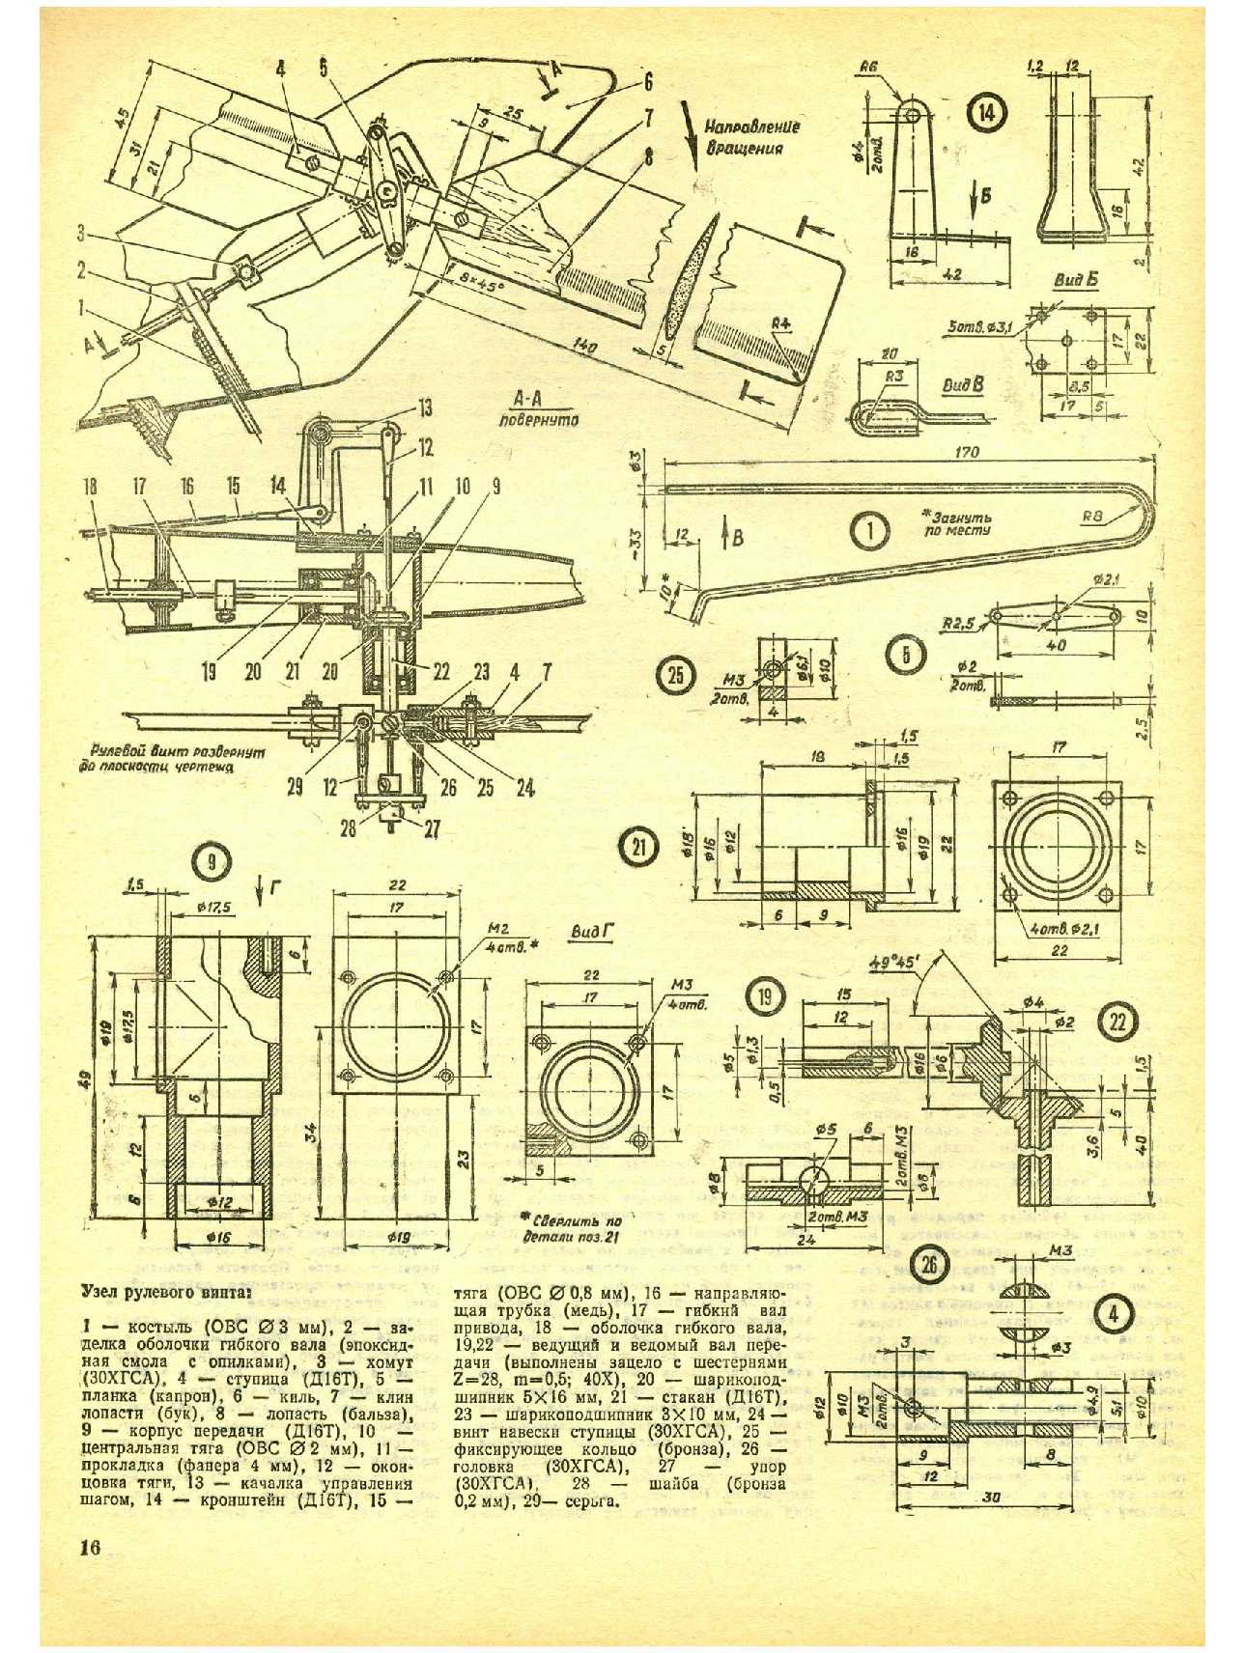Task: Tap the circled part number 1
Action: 870,529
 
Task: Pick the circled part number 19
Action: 764,995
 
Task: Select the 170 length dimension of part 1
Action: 965,451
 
